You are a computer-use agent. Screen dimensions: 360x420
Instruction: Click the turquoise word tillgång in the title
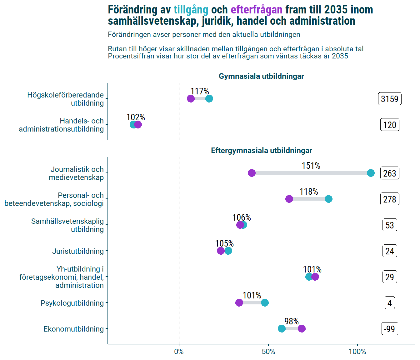[x=191, y=10]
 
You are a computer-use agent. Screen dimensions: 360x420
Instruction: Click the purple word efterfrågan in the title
[x=256, y=10]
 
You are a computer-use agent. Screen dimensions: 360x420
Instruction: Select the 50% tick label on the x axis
[x=268, y=352]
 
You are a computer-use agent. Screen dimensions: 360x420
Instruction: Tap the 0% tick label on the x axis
[x=179, y=352]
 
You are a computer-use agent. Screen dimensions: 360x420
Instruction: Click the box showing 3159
[x=390, y=99]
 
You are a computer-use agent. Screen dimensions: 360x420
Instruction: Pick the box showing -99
[x=390, y=329]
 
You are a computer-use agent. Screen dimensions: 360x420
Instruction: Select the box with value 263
[x=390, y=173]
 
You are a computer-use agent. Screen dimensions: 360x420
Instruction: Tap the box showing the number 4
[x=390, y=303]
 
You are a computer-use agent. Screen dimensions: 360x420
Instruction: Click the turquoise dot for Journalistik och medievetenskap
[x=371, y=173]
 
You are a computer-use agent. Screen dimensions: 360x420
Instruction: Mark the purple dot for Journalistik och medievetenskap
[x=252, y=173]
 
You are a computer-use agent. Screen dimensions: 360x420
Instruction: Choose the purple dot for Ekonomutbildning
[x=302, y=328]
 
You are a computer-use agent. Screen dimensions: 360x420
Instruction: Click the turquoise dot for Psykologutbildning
[x=265, y=302]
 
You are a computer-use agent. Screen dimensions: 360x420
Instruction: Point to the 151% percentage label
[x=311, y=166]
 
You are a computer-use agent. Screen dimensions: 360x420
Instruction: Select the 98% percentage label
[x=292, y=321]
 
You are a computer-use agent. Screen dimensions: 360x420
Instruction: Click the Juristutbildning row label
[x=78, y=251]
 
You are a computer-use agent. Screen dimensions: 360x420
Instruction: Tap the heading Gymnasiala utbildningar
[x=261, y=76]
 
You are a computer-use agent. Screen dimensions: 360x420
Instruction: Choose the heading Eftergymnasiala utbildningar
[x=261, y=151]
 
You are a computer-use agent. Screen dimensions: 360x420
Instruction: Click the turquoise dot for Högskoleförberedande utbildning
[x=209, y=98]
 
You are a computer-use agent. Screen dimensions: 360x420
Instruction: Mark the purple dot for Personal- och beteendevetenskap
[x=289, y=199]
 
